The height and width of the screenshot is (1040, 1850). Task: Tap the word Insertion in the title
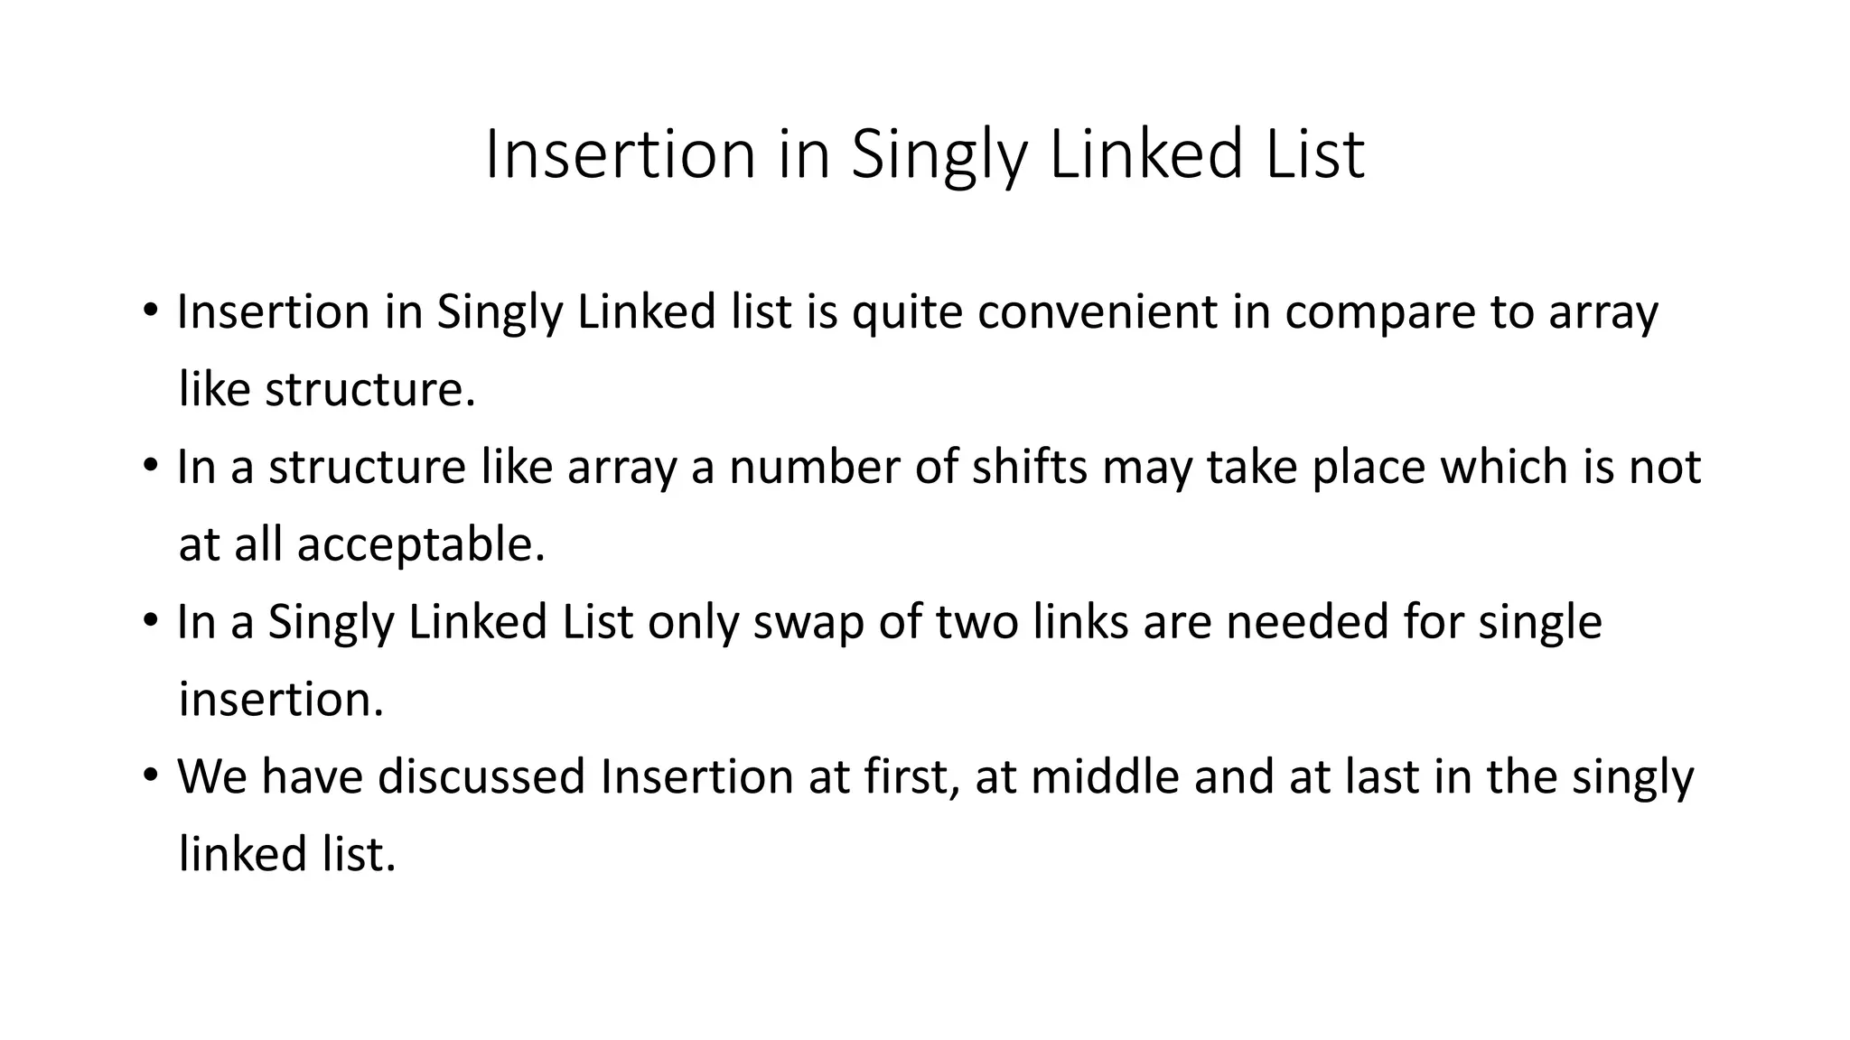pos(620,154)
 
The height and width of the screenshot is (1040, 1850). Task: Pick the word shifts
pos(1029,467)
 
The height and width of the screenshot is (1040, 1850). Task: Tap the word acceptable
pos(421,545)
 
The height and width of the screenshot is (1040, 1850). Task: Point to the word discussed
pos(481,776)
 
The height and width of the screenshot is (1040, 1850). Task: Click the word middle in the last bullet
pos(1105,776)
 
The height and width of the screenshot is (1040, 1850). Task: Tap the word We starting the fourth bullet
pos(212,776)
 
